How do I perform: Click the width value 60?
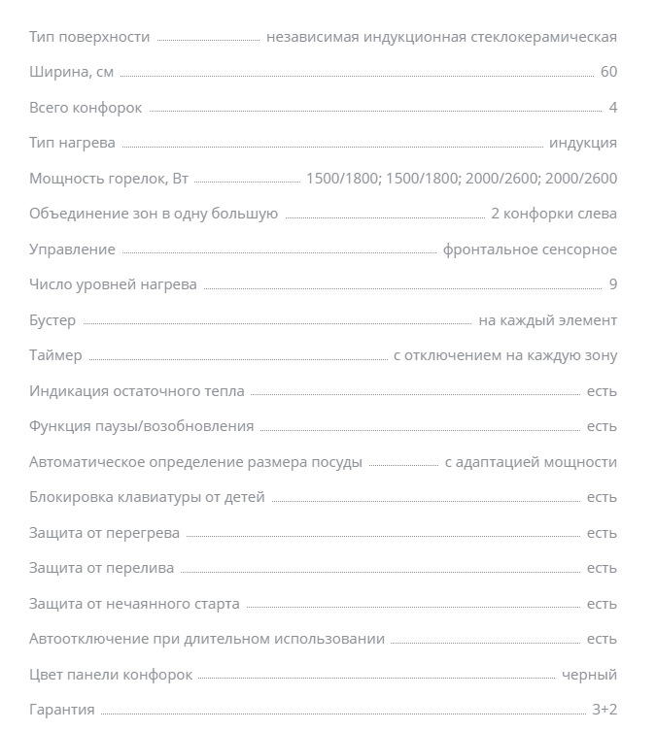[x=608, y=73]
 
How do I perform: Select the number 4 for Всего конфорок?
[x=612, y=108]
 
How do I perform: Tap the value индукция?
[x=582, y=143]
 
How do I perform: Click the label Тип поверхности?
[x=89, y=37]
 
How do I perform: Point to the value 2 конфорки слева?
[x=554, y=214]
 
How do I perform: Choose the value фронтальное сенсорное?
[x=530, y=249]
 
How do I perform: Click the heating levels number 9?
[x=612, y=284]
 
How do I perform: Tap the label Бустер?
[x=52, y=320]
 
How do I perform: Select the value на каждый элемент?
[x=547, y=320]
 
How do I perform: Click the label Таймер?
[x=55, y=355]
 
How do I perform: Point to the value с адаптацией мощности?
[x=531, y=462]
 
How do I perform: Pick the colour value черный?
[x=589, y=675]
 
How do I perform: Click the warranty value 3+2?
[x=604, y=710]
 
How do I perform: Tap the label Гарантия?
[x=62, y=710]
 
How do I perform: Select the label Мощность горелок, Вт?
[x=109, y=179]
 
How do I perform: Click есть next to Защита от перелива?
[x=602, y=568]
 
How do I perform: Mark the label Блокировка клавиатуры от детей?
[x=147, y=497]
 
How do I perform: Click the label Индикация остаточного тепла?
[x=137, y=391]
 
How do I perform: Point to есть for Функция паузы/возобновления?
[x=602, y=426]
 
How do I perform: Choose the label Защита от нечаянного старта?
[x=134, y=604]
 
